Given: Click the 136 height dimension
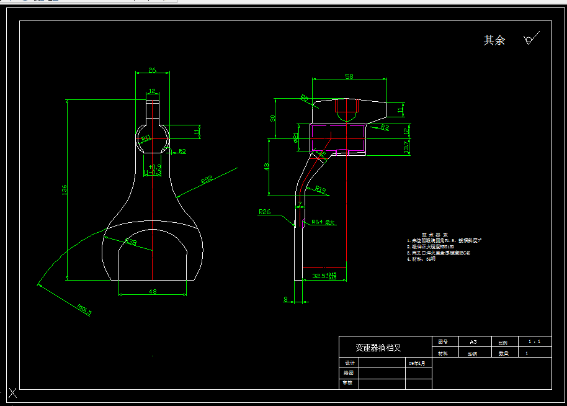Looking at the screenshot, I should click(x=64, y=190).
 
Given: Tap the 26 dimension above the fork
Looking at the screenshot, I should click(x=152, y=70).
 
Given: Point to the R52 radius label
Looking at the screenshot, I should click(x=207, y=181).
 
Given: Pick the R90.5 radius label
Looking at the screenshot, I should click(x=84, y=309).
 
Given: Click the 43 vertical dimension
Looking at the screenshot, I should click(x=267, y=167).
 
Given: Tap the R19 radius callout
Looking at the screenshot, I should click(x=320, y=188).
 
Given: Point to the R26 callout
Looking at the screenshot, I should click(x=265, y=212).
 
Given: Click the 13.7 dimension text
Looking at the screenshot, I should click(x=406, y=147).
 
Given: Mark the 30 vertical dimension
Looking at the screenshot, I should click(x=272, y=118).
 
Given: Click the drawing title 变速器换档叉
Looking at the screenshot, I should click(x=378, y=348).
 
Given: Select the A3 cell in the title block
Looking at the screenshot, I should click(x=473, y=342).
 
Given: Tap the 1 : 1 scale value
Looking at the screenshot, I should click(x=534, y=341).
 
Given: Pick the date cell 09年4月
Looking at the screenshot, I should click(x=417, y=363).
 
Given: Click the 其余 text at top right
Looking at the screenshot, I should click(x=494, y=40).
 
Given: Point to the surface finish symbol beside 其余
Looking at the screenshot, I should click(x=530, y=39).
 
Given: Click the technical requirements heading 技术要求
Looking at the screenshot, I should click(x=435, y=235).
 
